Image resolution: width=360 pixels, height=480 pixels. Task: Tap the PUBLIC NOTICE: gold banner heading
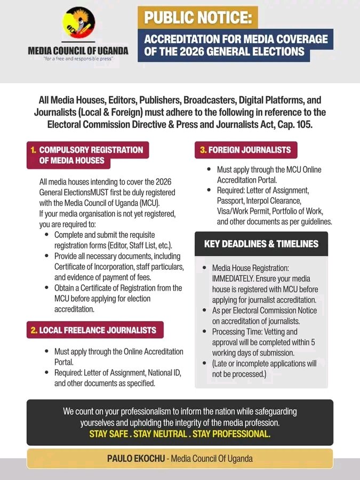(197, 18)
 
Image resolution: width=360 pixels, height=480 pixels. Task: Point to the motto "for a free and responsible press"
(78, 59)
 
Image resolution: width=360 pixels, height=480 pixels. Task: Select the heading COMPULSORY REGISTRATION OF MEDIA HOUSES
(88, 155)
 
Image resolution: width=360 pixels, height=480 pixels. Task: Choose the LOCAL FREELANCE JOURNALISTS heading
(95, 330)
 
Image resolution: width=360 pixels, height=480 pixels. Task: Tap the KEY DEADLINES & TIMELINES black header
(261, 244)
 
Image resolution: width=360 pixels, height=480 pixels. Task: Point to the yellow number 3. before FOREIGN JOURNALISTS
(203, 150)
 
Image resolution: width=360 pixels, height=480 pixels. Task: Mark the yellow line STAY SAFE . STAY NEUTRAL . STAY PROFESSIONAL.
(180, 434)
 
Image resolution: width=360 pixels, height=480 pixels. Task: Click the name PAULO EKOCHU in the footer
(137, 459)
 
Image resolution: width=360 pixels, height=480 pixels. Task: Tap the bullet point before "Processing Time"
(205, 331)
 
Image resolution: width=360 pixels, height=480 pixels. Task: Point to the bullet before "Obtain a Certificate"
(47, 287)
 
